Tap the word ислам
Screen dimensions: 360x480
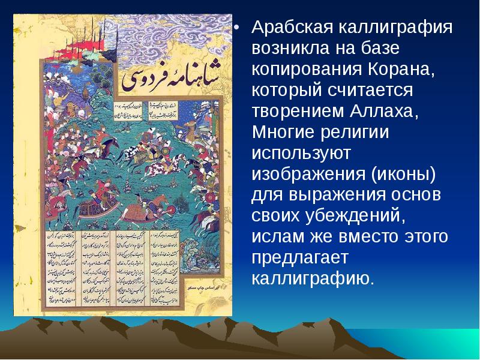pyautogui.click(x=277, y=237)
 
